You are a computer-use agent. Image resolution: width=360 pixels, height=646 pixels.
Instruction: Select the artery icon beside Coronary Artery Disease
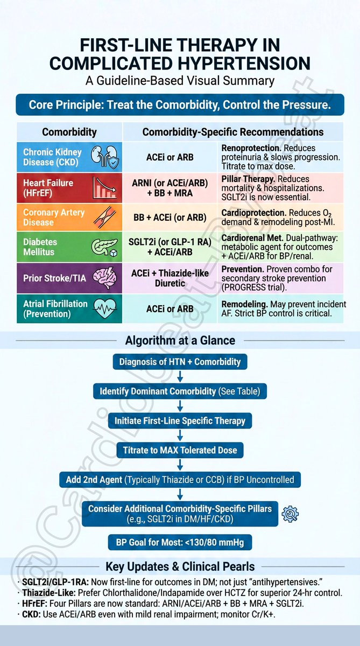click(104, 217)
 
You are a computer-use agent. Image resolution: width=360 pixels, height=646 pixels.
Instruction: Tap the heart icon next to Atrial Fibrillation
click(104, 308)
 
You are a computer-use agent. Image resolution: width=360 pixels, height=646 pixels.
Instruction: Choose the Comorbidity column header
click(69, 132)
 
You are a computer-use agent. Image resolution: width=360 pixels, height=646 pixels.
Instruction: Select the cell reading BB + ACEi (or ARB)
click(170, 217)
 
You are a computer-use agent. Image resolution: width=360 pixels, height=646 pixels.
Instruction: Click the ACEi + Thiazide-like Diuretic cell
click(170, 278)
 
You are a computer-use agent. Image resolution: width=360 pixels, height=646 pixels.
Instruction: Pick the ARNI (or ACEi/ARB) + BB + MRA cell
click(170, 187)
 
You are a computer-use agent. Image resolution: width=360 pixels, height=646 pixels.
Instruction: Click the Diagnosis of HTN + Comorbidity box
click(180, 362)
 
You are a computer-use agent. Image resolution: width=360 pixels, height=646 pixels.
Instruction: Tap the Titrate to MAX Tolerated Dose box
click(180, 450)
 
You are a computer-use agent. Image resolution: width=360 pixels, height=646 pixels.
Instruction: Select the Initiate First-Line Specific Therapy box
click(180, 420)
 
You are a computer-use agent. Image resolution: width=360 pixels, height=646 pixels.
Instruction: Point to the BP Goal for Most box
click(180, 542)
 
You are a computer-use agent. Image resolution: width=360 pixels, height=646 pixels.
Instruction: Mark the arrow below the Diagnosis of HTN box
click(180, 376)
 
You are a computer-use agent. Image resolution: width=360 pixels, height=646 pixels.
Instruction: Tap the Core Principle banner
click(180, 104)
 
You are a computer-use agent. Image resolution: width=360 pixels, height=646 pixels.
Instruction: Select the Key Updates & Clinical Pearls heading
click(180, 566)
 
